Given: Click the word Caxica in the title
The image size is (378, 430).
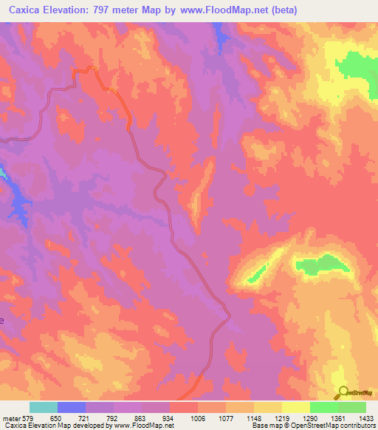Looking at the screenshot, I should tap(27, 10).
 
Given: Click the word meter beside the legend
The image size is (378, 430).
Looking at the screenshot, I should tap(10, 417).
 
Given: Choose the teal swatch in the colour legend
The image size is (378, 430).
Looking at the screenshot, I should tap(44, 407).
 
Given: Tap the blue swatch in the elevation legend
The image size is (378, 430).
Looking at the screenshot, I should tap(72, 407).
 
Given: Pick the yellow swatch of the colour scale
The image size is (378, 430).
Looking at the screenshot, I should tap(295, 407).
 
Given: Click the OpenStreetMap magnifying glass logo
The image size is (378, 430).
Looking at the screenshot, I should tap(343, 393).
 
